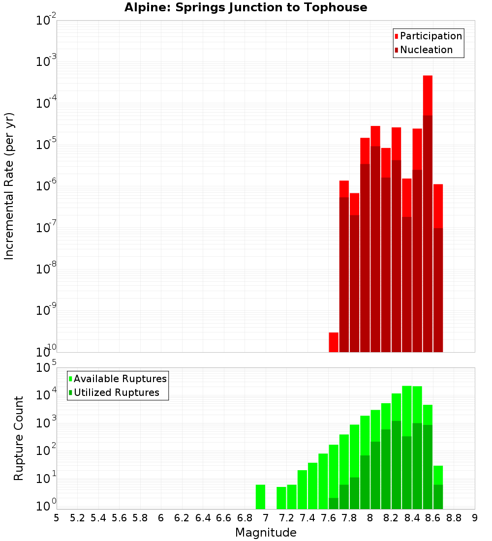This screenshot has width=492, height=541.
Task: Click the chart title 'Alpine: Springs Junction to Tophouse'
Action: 246,7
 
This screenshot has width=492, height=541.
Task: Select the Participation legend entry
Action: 430,36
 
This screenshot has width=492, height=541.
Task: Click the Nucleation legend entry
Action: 426,50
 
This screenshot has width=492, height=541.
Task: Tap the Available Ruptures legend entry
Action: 120,379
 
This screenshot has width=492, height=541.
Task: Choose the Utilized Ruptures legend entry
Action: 116,392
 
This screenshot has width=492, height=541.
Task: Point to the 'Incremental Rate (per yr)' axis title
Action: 9,186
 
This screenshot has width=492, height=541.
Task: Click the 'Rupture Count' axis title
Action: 19,438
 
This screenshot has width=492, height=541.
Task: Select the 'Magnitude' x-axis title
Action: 266,533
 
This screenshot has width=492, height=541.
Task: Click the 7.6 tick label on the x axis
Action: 328,518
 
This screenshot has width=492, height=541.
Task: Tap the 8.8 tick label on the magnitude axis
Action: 454,518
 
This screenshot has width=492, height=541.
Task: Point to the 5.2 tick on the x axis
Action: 77,518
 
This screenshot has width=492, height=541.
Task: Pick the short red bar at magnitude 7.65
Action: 334,342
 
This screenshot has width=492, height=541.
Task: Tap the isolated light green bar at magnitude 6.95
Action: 260,497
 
